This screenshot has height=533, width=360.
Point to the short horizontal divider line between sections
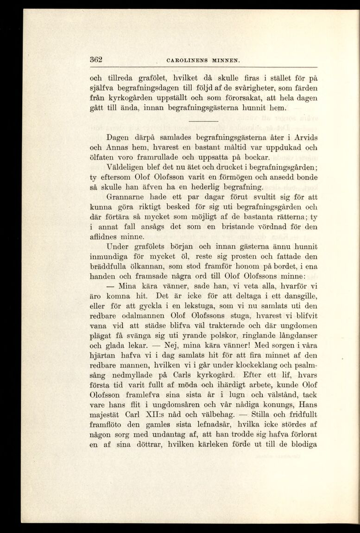[203, 121]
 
